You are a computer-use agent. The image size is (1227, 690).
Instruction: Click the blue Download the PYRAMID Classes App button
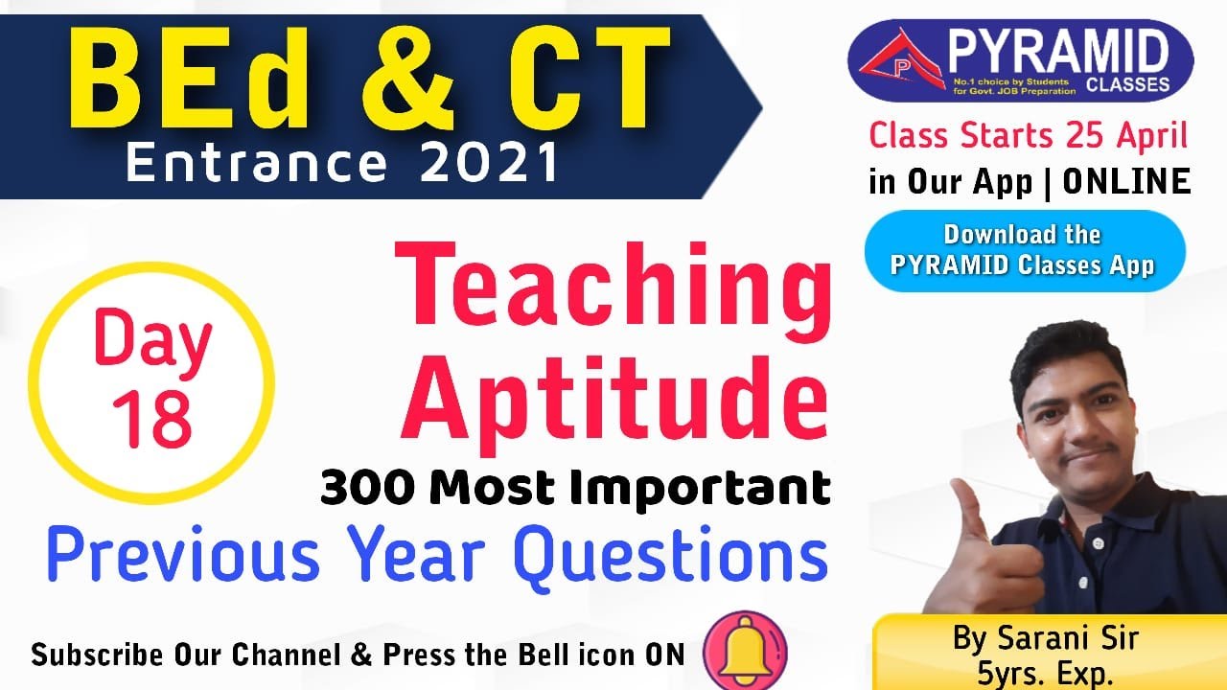click(1024, 249)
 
